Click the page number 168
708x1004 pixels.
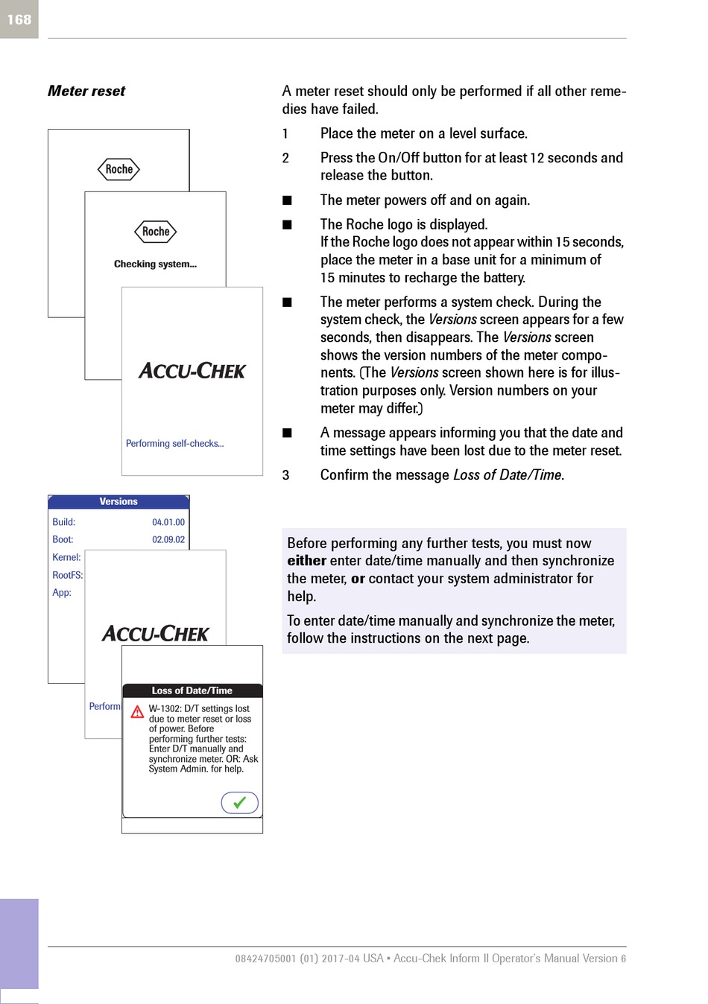coord(19,19)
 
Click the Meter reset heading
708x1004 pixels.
coord(86,91)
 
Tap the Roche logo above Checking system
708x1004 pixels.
coord(156,232)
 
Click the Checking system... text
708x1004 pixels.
coord(155,264)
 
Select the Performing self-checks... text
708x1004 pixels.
coord(175,443)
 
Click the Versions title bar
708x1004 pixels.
coord(118,501)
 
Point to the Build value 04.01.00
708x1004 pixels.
coord(168,522)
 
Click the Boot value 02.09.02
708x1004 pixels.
coord(168,540)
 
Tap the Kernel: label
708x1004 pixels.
coord(66,557)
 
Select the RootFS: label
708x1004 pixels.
coord(68,575)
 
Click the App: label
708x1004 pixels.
coord(62,593)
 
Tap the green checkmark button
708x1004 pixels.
coord(239,802)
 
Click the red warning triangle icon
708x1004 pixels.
coord(137,712)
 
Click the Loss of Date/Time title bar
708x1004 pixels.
coord(192,690)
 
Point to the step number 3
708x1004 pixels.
coord(285,475)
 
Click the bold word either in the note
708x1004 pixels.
coord(307,561)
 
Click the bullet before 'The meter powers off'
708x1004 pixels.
coord(287,200)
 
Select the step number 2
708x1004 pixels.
coord(285,158)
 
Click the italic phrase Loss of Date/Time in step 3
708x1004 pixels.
coord(507,475)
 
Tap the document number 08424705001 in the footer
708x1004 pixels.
coord(266,959)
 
